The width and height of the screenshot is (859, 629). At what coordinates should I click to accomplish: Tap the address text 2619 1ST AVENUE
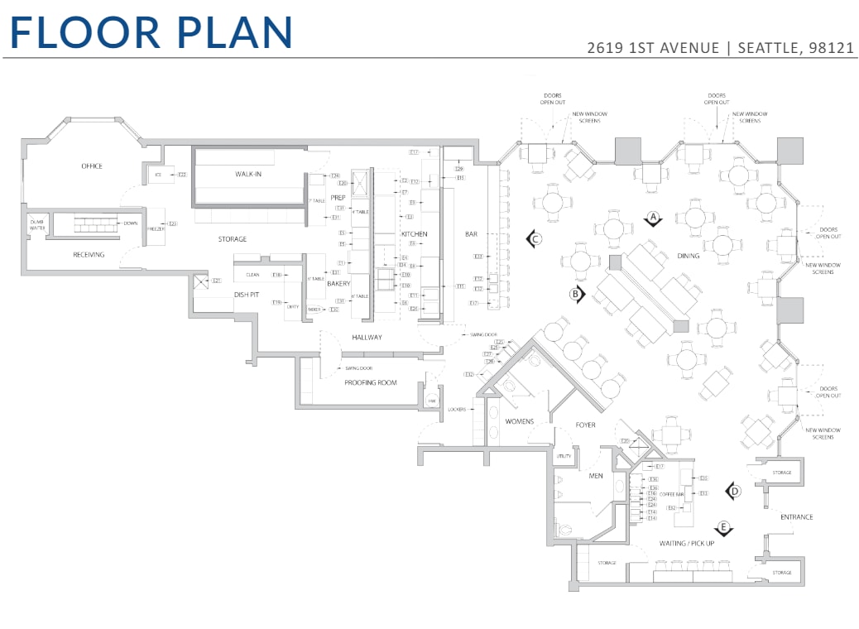[653, 48]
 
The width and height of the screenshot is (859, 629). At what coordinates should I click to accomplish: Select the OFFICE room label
[92, 166]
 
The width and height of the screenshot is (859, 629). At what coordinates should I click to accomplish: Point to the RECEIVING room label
[89, 255]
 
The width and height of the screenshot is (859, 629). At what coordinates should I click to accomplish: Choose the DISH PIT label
[247, 295]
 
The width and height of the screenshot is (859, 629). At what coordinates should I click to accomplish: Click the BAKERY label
[339, 284]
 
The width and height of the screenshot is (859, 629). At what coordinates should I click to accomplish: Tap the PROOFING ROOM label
[371, 382]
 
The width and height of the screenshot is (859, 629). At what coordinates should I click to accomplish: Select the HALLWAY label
[367, 338]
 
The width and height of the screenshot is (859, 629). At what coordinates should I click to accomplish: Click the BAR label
[471, 234]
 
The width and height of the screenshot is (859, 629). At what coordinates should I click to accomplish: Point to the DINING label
[688, 256]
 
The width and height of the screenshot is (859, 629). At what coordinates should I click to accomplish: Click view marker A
[653, 218]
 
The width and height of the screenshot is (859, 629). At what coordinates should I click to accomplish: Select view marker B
[576, 293]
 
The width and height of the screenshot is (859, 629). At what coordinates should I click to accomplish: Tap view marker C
[535, 239]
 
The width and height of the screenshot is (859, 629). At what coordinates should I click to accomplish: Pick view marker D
[732, 492]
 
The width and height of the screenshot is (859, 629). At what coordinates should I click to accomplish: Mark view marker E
[723, 527]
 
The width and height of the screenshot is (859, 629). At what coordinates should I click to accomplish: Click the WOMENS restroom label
[520, 421]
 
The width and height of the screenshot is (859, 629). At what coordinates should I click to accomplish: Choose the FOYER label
[586, 425]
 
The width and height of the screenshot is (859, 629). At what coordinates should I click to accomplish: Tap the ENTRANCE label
[796, 517]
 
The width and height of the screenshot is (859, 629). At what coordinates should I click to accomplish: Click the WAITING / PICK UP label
[686, 543]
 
